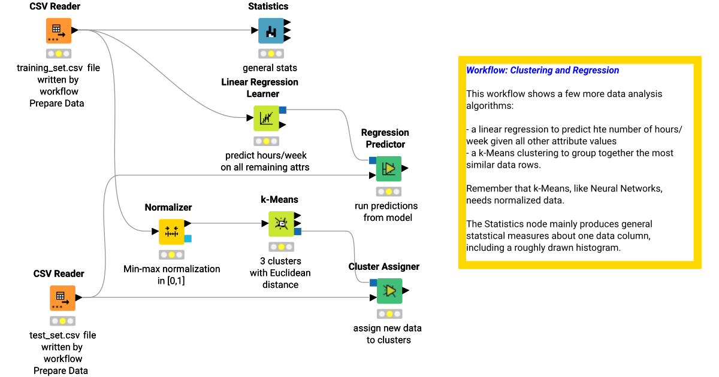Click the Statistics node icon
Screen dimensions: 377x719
point(271,31)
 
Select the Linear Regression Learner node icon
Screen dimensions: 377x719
point(266,118)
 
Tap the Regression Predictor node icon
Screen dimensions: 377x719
point(389,169)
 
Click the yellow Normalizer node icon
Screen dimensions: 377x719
point(171,231)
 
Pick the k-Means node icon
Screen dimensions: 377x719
point(280,224)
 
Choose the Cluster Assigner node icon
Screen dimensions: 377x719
point(389,291)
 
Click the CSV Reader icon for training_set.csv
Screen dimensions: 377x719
point(59,31)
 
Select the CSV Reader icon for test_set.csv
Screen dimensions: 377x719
point(62,298)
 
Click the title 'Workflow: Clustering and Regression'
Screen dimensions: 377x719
point(542,70)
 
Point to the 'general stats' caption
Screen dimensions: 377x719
point(270,68)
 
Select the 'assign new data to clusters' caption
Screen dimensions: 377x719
point(387,334)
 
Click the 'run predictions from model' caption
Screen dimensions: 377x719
point(386,211)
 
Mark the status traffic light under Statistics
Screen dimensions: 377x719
point(267,53)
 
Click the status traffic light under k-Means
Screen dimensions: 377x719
point(281,247)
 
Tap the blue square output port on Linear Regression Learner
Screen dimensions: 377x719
point(283,110)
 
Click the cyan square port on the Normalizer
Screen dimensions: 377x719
point(188,239)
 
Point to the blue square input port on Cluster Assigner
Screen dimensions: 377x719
point(373,282)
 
